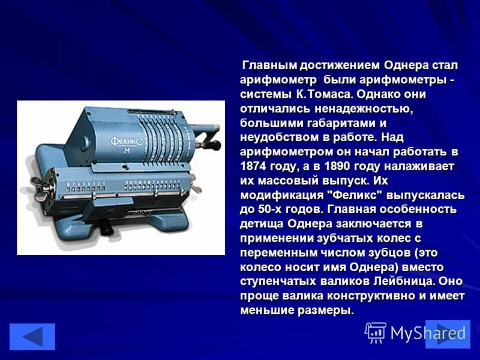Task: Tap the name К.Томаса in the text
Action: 322,94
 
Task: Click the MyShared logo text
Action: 428,332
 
